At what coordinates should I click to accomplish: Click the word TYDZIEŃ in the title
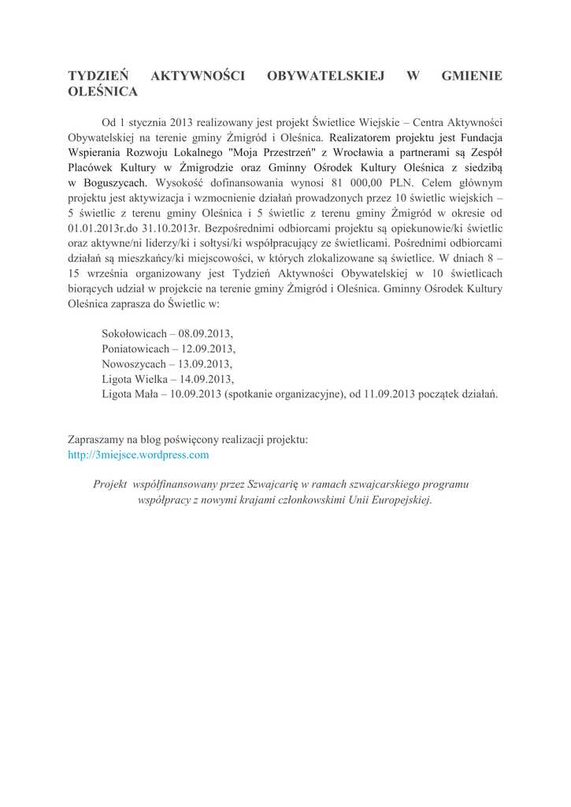coord(98,76)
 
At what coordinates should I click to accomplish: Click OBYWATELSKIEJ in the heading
coord(325,76)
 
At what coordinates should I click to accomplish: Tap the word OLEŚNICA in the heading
coord(104,92)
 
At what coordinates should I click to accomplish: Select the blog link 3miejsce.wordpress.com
coord(139,455)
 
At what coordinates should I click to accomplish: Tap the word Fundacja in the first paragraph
coord(480,138)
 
